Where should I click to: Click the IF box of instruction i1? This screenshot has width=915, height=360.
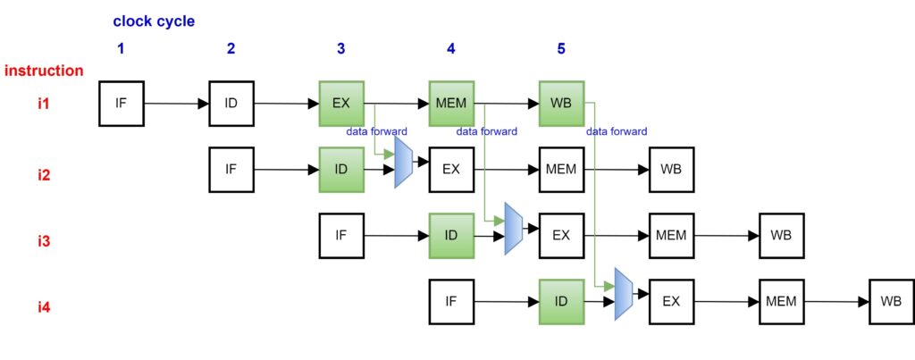121,103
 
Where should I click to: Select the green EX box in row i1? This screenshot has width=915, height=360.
341,103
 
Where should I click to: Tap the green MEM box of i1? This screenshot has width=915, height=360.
451,103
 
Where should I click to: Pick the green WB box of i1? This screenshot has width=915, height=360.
561,103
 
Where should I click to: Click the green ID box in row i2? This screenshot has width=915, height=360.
341,168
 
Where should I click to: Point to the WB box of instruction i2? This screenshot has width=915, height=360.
671,168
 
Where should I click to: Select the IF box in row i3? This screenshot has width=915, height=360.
341,235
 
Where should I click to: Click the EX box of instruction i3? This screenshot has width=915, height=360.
561,235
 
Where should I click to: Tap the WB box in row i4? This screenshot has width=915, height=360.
891,301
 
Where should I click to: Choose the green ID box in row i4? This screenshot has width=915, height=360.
561,301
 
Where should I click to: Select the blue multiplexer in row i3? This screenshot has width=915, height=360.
513,229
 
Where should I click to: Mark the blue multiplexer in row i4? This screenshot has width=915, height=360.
624,295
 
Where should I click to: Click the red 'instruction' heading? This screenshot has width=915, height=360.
44,71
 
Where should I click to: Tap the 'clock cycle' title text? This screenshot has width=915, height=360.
154,21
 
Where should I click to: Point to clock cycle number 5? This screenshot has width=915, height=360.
561,48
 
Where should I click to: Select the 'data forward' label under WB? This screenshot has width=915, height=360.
617,131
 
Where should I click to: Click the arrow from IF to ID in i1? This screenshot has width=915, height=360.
176,104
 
